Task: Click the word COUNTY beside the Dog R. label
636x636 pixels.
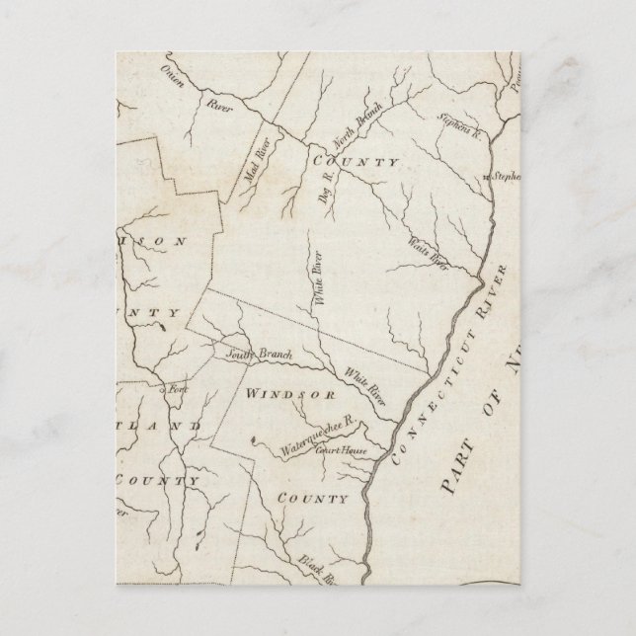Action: pyautogui.click(x=357, y=162)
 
